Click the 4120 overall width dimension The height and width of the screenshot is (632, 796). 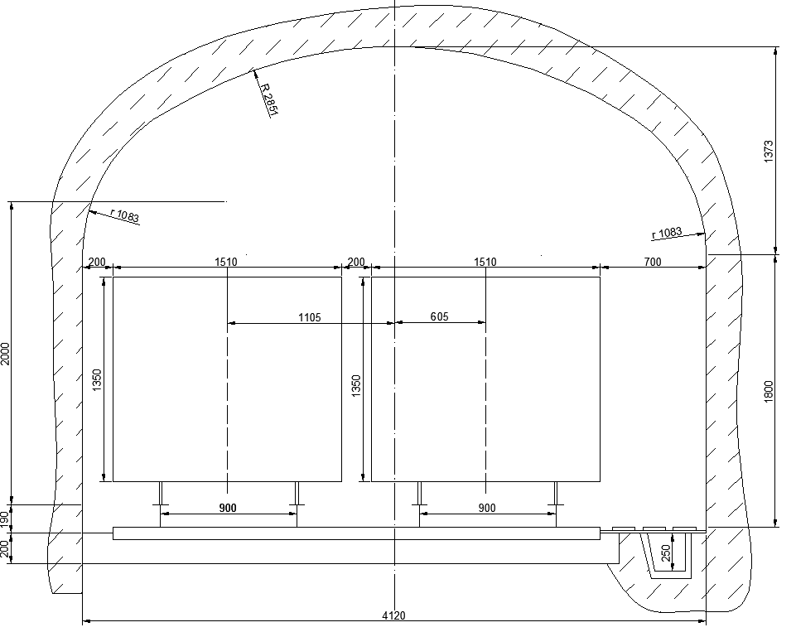point(393,615)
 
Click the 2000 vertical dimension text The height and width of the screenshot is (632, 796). point(5,354)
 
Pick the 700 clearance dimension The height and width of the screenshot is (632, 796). point(653,262)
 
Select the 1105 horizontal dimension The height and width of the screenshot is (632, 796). point(309,317)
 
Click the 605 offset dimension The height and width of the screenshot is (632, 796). point(439,316)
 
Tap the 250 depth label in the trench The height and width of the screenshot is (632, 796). point(666,552)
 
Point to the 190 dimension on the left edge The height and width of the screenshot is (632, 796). point(5,519)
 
